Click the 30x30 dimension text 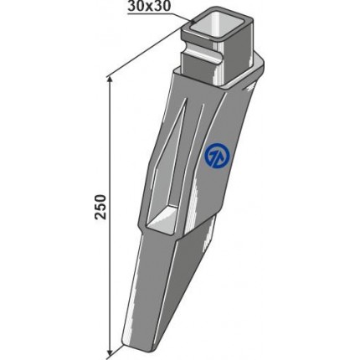[149, 7]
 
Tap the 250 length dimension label [100, 207]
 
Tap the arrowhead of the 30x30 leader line [193, 22]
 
